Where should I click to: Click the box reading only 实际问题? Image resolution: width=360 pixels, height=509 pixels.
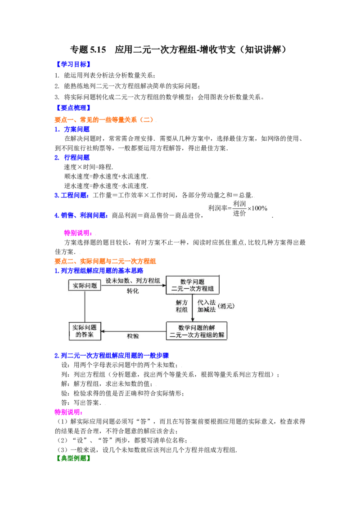pyautogui.click(x=85, y=285)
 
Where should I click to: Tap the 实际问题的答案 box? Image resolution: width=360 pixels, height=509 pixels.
pyautogui.click(x=85, y=331)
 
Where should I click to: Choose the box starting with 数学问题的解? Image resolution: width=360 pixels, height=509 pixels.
pyautogui.click(x=196, y=331)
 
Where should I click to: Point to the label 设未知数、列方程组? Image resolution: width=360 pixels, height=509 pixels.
pyautogui.click(x=133, y=281)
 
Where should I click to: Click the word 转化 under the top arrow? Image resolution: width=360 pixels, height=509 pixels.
pyautogui.click(x=133, y=291)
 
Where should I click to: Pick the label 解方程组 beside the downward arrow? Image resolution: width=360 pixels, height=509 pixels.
pyautogui.click(x=182, y=306)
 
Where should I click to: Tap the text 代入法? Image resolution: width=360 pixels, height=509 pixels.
pyautogui.click(x=206, y=302)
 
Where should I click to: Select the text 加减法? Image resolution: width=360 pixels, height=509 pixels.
pyautogui.click(x=206, y=310)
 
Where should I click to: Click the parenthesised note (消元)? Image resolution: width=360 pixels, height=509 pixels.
pyautogui.click(x=226, y=306)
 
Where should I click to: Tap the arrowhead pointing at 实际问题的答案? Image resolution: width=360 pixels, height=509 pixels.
pyautogui.click(x=103, y=331)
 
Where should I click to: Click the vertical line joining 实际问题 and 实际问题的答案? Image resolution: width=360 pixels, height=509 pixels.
pyautogui.click(x=85, y=307)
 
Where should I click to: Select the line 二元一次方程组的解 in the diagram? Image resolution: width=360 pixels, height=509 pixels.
pyautogui.click(x=196, y=335)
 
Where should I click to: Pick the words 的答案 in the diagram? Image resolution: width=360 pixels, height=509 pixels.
pyautogui.click(x=85, y=335)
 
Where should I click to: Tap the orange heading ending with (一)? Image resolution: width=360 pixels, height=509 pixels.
pyautogui.click(x=104, y=120)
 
